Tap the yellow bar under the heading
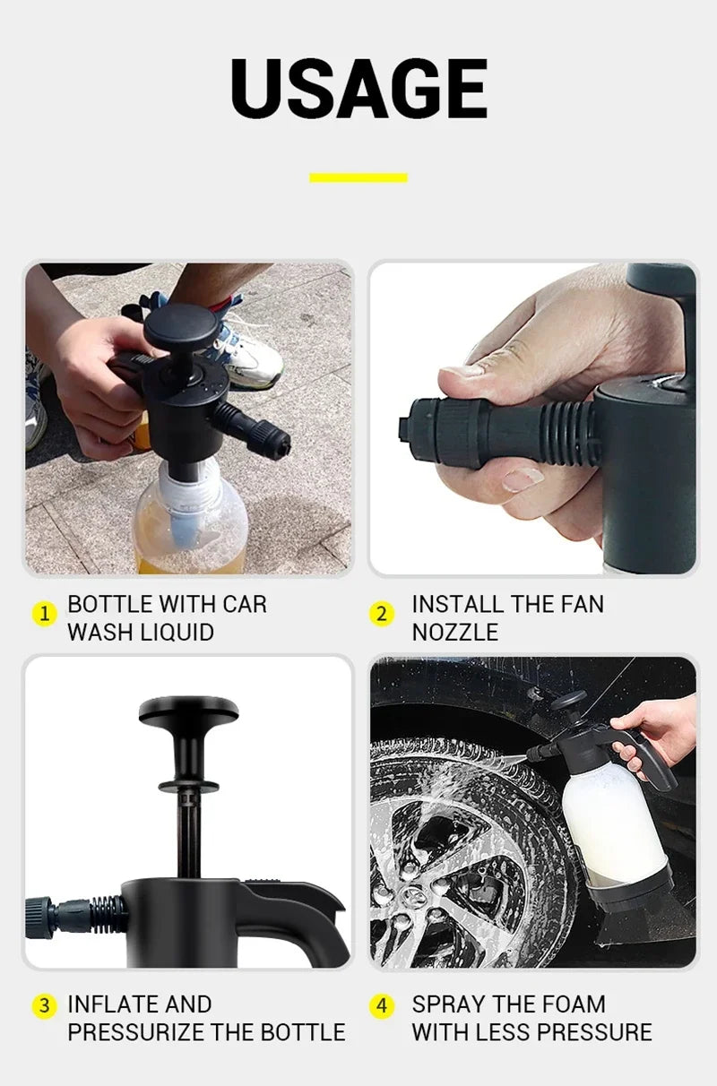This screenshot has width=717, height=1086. click(358, 177)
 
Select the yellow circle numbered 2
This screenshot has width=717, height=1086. click(383, 615)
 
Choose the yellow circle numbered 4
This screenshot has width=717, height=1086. click(383, 1005)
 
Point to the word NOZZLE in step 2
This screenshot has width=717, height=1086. click(454, 632)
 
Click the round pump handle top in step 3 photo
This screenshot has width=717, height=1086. click(189, 711)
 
